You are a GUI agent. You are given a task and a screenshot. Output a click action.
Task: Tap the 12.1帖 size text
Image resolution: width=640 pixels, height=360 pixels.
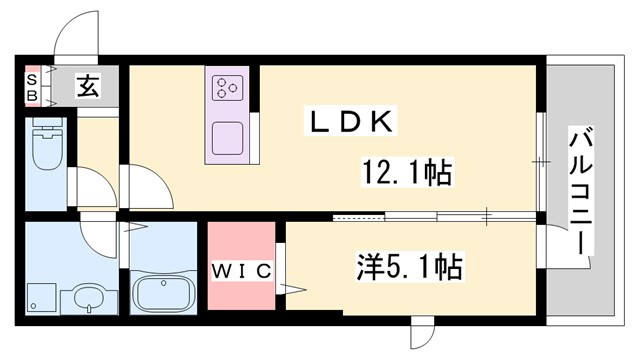[405, 173]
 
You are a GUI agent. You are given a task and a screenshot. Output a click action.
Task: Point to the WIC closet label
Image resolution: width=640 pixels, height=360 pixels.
[241, 270]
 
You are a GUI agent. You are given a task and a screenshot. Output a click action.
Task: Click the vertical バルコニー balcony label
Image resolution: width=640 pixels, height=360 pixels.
[579, 189]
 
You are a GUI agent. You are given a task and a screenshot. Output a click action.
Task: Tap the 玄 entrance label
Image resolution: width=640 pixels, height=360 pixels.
[87, 88]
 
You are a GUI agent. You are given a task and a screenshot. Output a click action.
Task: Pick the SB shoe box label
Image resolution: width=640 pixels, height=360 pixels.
[32, 87]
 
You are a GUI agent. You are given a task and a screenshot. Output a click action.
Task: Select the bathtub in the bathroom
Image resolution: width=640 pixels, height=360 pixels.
[163, 293]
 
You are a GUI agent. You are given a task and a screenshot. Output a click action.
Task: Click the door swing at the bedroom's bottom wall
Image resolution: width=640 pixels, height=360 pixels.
[422, 329]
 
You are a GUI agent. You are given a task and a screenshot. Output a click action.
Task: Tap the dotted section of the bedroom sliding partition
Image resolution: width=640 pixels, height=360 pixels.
[358, 217]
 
